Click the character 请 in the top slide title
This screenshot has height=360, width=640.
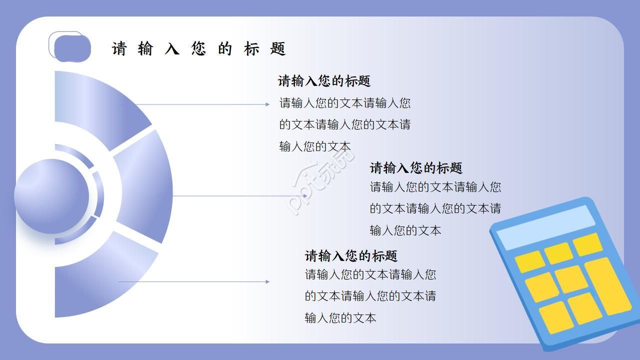pyautogui.click(x=119, y=49)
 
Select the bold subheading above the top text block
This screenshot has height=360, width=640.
pyautogui.click(x=324, y=81)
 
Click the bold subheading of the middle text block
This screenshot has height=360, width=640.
pyautogui.click(x=416, y=167)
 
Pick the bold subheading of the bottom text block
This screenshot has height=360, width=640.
pyautogui.click(x=351, y=256)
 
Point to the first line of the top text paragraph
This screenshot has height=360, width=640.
pyautogui.click(x=345, y=103)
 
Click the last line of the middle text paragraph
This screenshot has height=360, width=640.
pyautogui.click(x=405, y=230)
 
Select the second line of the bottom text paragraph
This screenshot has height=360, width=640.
pyautogui.click(x=370, y=296)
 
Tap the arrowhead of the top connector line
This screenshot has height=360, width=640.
pyautogui.click(x=267, y=104)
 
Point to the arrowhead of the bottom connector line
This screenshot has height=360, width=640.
pyautogui.click(x=267, y=281)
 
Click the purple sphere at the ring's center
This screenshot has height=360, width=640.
pyautogui.click(x=51, y=196)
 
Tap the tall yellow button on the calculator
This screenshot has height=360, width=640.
pyautogui.click(x=607, y=286)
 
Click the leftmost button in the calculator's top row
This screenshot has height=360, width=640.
pyautogui.click(x=529, y=261)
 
